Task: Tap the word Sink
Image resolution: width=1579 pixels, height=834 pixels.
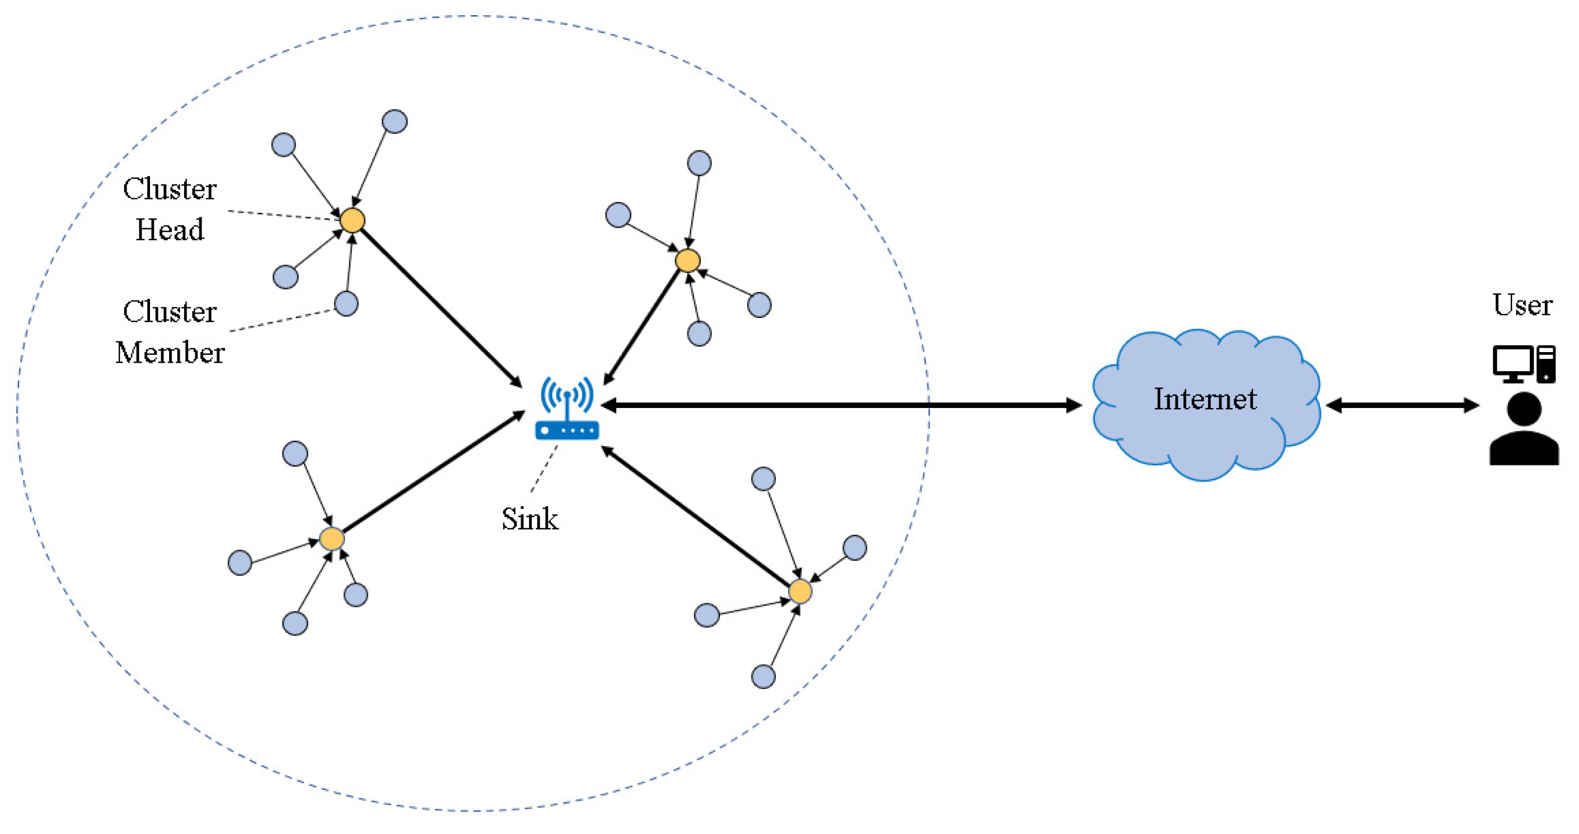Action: click(x=530, y=519)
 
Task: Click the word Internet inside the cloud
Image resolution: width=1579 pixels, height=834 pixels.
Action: click(x=1205, y=400)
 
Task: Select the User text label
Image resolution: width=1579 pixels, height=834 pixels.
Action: click(x=1522, y=305)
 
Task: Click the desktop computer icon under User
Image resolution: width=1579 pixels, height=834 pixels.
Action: click(x=1524, y=364)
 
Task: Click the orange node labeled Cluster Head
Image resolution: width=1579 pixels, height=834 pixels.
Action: click(x=353, y=221)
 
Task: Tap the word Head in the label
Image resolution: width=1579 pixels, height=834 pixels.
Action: click(x=170, y=231)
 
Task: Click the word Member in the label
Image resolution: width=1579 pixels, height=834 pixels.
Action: click(x=170, y=353)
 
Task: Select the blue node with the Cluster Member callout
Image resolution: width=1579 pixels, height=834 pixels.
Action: click(x=346, y=303)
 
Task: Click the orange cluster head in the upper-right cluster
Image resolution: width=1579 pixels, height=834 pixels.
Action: click(x=688, y=260)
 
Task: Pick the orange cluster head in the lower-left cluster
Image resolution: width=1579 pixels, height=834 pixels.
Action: click(x=331, y=539)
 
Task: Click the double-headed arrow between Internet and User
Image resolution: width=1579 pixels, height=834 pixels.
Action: click(x=1403, y=405)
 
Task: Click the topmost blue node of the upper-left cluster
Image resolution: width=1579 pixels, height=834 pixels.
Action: click(x=395, y=121)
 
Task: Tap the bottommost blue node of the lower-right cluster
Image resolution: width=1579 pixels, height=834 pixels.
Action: click(x=763, y=677)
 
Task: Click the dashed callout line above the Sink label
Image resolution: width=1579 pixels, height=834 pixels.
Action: click(x=544, y=470)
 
